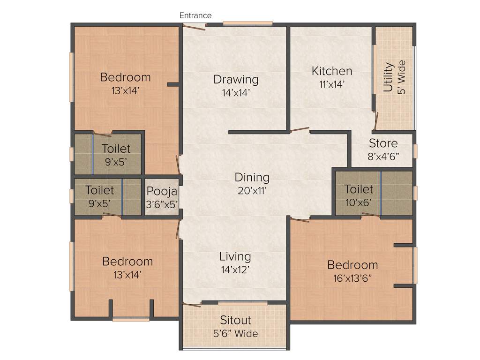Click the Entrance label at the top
[195, 15]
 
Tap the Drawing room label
[236, 79]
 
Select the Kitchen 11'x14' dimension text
[332, 85]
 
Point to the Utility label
[388, 77]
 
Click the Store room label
[383, 143]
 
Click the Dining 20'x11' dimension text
[252, 191]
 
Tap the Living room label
[235, 256]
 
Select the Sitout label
[236, 320]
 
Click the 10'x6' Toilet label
[359, 189]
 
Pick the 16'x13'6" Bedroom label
[352, 265]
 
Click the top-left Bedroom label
[125, 77]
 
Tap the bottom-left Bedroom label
[127, 261]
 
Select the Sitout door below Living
[192, 305]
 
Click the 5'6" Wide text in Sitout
[236, 334]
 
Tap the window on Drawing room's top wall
[247, 23]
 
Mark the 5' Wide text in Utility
[401, 77]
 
